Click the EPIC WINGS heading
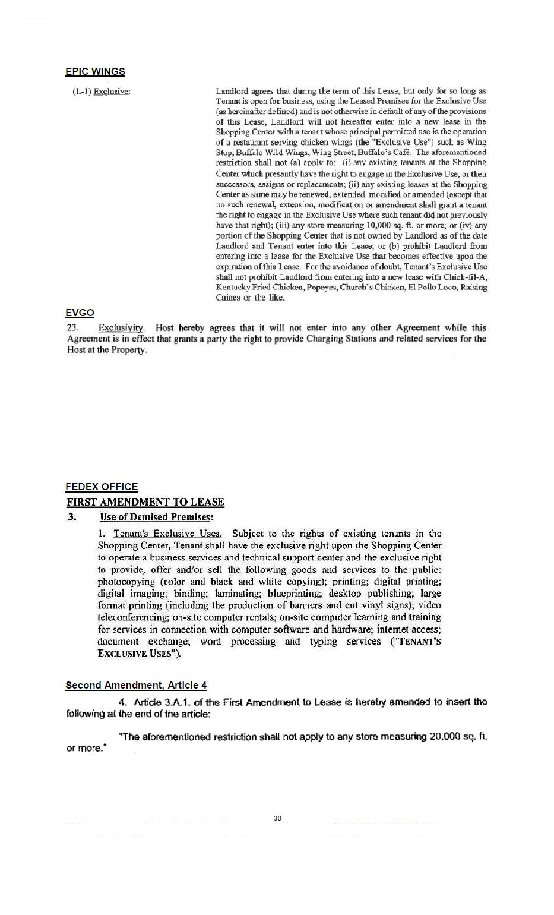[95, 71]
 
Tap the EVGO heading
[80, 313]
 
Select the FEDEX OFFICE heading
[102, 487]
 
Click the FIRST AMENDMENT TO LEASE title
[145, 502]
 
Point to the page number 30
[277, 818]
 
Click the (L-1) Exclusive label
[101, 91]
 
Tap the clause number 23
[73, 327]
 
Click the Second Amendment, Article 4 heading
[136, 685]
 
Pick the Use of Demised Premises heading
[156, 517]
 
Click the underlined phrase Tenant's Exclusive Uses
[167, 534]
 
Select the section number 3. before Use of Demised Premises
[72, 517]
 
